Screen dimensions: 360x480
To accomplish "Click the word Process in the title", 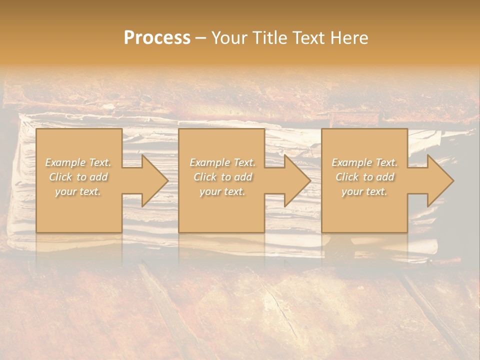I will pyautogui.click(x=157, y=37).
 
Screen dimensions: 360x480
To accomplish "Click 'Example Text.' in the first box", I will pyautogui.click(x=78, y=162).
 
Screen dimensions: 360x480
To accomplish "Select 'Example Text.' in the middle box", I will pyautogui.click(x=222, y=162).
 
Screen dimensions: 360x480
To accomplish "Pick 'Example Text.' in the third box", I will pyautogui.click(x=364, y=162).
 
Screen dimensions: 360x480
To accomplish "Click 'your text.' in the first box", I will pyautogui.click(x=78, y=191).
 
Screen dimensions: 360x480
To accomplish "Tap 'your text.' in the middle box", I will pyautogui.click(x=222, y=191).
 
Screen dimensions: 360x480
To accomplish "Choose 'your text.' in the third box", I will pyautogui.click(x=364, y=191).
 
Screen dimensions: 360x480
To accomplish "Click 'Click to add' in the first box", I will pyautogui.click(x=78, y=177).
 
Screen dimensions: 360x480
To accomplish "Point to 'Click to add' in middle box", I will pyautogui.click(x=222, y=177).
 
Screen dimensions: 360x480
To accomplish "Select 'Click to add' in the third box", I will pyautogui.click(x=364, y=177).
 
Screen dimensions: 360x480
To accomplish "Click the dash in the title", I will pyautogui.click(x=200, y=38).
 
